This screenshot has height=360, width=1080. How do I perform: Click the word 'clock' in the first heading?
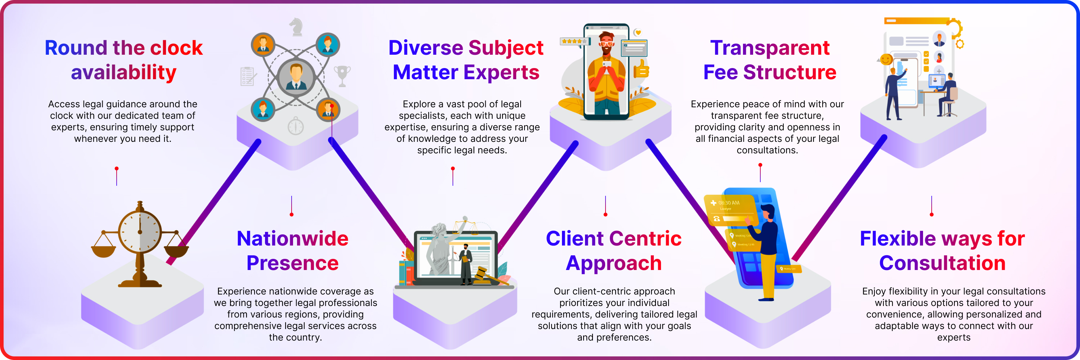coord(176,48)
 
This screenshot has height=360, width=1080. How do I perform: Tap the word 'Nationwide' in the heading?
coord(292,238)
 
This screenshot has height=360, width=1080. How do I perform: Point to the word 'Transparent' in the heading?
coord(770,48)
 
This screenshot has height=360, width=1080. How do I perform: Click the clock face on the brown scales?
coord(140,232)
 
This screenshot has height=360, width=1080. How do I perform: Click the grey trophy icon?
coord(342,75)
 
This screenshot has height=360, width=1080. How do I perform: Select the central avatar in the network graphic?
coord(296,76)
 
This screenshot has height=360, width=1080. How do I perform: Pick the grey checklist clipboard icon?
coord(248,76)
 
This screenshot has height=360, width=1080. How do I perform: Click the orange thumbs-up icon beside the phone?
coord(641,69)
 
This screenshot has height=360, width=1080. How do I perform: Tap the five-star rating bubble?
coord(574,41)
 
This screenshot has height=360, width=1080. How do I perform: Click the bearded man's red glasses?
coord(606,43)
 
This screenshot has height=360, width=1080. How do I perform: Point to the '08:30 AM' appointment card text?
coord(729,203)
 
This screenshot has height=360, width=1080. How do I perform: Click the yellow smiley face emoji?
coord(886,59)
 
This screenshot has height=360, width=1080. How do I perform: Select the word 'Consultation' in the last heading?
coord(942,263)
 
